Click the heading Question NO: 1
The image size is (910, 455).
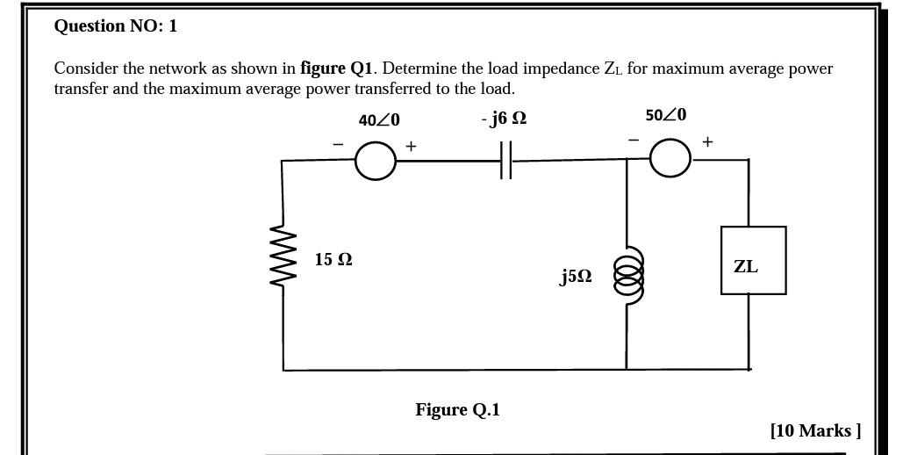[x=115, y=25]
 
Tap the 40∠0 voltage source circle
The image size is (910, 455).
[x=376, y=161]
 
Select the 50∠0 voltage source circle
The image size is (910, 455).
[x=670, y=158]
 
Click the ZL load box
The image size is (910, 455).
[x=753, y=261]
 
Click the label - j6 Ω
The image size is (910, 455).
[x=504, y=118]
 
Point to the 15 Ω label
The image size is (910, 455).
[x=333, y=259]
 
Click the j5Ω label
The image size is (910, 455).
[x=576, y=277]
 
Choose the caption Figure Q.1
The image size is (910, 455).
[x=457, y=409]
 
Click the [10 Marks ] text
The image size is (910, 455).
[x=815, y=430]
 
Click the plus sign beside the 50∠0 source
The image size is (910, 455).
[x=707, y=141]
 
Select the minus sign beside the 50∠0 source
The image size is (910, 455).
[x=633, y=139]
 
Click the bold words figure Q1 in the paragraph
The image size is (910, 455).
[x=337, y=69]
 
